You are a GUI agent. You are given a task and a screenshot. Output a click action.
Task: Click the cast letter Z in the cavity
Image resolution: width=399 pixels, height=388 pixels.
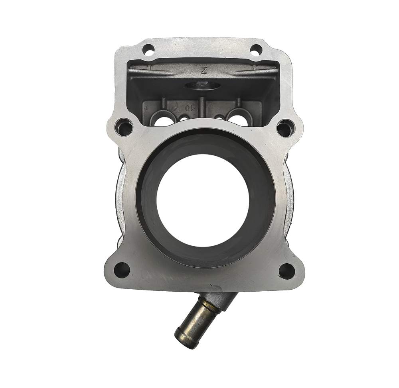coord(204,71)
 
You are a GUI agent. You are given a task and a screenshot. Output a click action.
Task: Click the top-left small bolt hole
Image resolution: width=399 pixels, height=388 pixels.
coord(148,51)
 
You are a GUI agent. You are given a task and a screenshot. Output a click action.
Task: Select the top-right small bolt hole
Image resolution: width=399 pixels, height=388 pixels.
coord(256,49)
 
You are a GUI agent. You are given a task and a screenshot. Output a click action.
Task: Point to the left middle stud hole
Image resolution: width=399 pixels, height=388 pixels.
coord(124,128)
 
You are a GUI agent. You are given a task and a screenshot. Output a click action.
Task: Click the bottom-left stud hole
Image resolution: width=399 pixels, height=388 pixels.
coord(122,270)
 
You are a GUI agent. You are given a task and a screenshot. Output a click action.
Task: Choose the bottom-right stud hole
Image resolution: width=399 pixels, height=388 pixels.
coord(286,270)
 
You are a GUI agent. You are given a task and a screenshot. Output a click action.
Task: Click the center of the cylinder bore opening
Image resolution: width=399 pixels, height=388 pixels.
coord(203,201)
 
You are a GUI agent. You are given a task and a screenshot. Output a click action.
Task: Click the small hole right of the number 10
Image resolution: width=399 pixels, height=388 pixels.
coord(184,119)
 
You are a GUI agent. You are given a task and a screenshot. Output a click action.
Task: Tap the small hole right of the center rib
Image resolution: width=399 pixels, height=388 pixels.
coord(219,118)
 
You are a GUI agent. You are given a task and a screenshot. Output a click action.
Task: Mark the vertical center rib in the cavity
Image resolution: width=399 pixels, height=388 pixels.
coord(202,108)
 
